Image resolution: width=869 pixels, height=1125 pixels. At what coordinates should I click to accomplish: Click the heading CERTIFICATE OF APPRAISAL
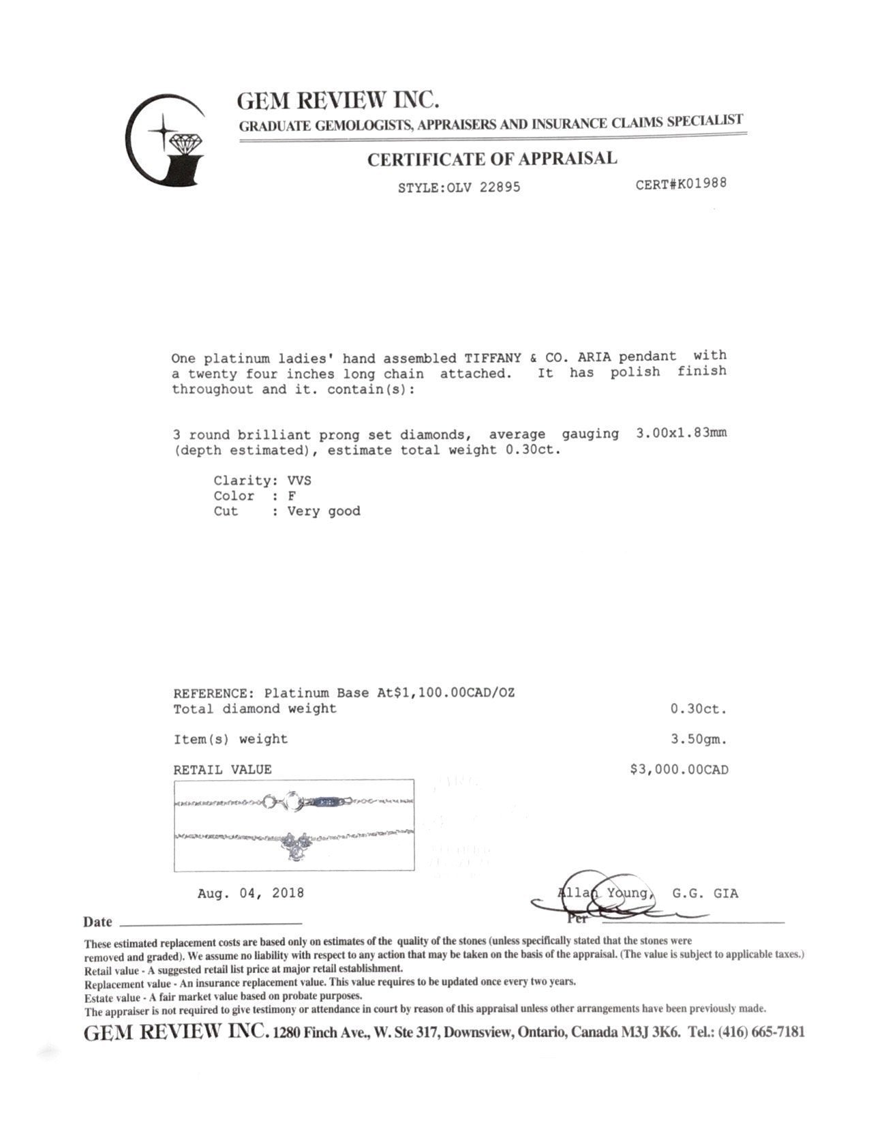coord(492,160)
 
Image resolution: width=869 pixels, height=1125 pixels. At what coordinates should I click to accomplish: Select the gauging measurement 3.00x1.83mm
coord(681,434)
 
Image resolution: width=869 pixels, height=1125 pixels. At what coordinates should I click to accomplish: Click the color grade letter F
coord(292,496)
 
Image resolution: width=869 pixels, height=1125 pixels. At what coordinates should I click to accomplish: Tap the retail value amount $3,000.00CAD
coord(680,770)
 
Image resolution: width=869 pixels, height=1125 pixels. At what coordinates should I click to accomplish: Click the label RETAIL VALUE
coord(222,770)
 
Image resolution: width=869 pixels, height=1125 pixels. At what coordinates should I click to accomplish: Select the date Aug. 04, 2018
coord(251,893)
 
